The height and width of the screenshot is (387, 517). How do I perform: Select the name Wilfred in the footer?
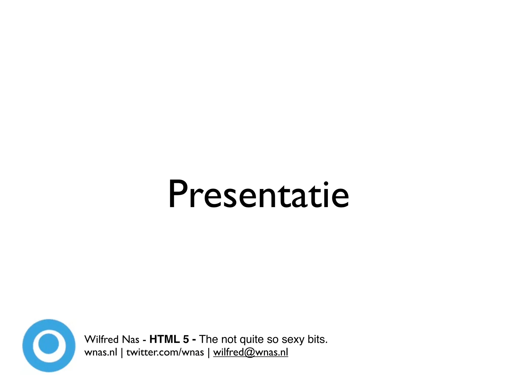pyautogui.click(x=101, y=339)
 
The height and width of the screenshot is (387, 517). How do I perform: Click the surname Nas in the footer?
pyautogui.click(x=131, y=339)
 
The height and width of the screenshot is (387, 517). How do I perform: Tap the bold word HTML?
pyautogui.click(x=165, y=339)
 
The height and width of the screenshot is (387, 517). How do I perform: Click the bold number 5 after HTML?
pyautogui.click(x=186, y=339)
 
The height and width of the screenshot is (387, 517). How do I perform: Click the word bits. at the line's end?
pyautogui.click(x=317, y=339)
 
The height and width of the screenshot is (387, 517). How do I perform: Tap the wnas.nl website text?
pyautogui.click(x=101, y=352)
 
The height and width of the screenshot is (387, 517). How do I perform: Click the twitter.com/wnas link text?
pyautogui.click(x=165, y=352)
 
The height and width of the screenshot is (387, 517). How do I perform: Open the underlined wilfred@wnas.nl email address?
pyautogui.click(x=250, y=352)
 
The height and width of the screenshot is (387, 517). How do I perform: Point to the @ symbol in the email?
pyautogui.click(x=249, y=352)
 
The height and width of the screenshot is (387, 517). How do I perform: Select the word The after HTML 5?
pyautogui.click(x=208, y=339)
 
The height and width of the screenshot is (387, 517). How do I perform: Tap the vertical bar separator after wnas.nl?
pyautogui.click(x=122, y=352)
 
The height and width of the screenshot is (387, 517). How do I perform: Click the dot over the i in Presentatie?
pyautogui.click(x=326, y=183)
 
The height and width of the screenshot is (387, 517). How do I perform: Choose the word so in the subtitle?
pyautogui.click(x=272, y=340)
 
